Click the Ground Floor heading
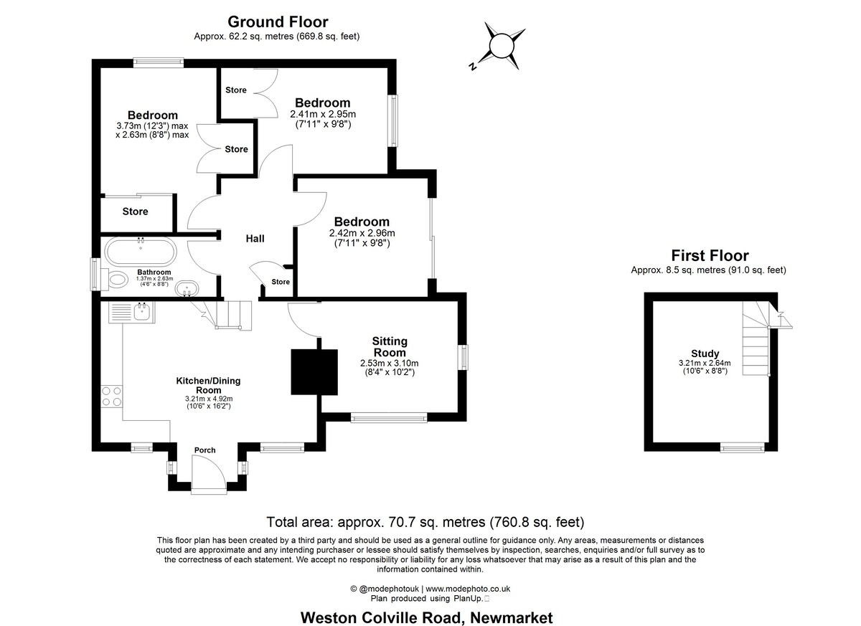coord(278,22)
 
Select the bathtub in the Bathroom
coord(141,252)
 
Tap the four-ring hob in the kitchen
coord(112,397)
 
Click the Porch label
coord(205,450)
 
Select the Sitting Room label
coord(390,347)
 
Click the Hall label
coord(255,239)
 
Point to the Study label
coord(705,354)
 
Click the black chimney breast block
coord(314,372)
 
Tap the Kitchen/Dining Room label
coord(208,385)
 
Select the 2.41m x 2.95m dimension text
coord(323,115)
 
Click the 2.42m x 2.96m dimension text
coord(362,233)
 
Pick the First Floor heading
coord(710,255)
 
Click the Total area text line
coord(425,522)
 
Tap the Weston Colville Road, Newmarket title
coord(427,617)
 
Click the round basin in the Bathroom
coord(187,288)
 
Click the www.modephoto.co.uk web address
coord(468,589)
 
